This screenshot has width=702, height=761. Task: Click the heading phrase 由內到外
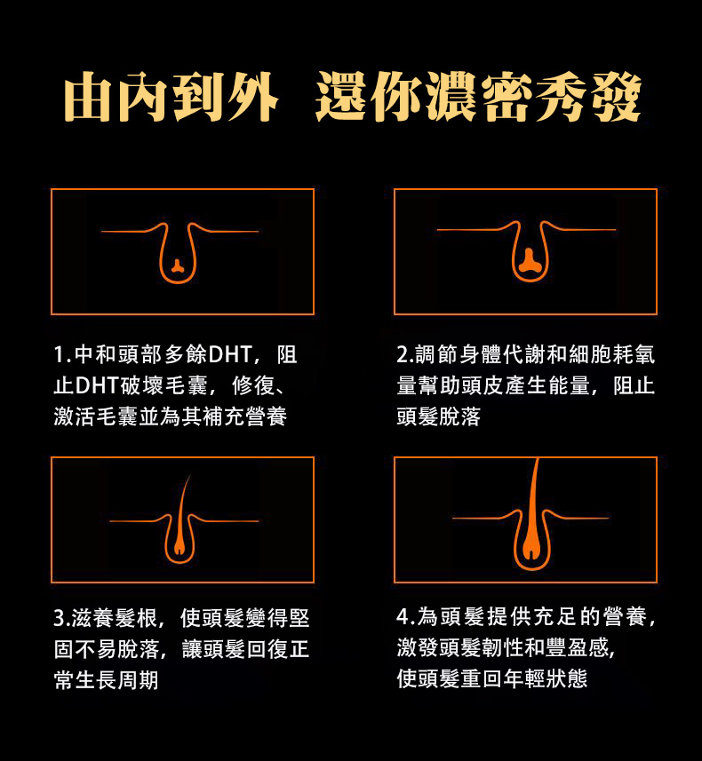click(x=170, y=96)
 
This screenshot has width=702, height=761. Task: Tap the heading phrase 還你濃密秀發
click(x=478, y=96)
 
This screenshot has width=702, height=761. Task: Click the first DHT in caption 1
click(x=230, y=355)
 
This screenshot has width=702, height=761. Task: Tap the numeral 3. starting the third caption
click(x=61, y=618)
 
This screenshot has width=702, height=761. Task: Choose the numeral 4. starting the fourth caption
click(x=405, y=617)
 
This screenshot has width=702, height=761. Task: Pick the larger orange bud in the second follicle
click(x=529, y=261)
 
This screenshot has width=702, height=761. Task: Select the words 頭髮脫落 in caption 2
click(x=439, y=416)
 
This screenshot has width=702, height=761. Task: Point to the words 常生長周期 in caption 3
click(x=106, y=680)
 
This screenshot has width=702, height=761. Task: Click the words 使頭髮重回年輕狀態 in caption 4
click(x=492, y=678)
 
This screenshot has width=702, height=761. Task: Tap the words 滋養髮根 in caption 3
click(x=115, y=618)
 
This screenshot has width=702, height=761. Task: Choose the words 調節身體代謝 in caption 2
click(x=480, y=355)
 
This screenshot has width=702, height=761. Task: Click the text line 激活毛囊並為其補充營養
click(x=171, y=416)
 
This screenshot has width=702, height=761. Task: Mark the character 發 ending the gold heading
click(x=617, y=96)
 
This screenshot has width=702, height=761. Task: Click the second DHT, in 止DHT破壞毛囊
click(x=97, y=386)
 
